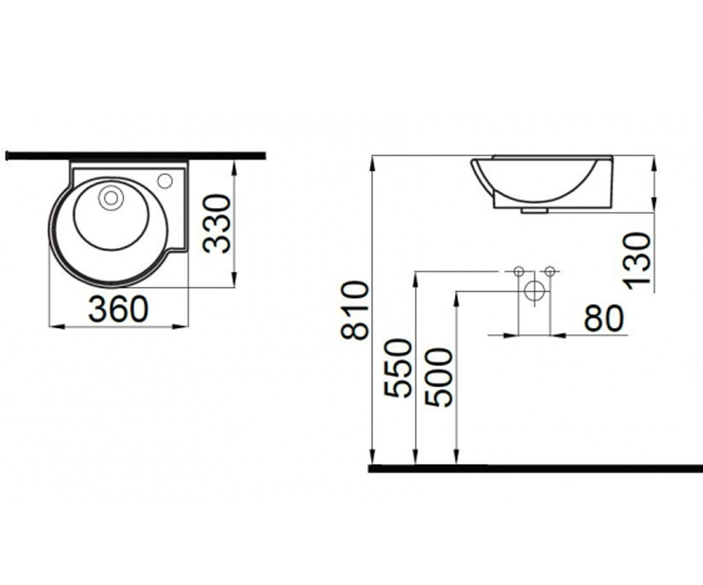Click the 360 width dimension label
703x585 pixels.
point(118,309)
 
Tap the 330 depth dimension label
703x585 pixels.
point(217,223)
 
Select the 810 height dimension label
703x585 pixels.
point(354,311)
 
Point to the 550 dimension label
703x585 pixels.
point(398,368)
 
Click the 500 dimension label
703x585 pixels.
point(438,377)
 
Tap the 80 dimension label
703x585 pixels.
point(603,318)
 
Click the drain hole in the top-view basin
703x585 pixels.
point(111,198)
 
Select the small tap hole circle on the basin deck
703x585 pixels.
point(165,181)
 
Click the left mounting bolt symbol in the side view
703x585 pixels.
point(519,271)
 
